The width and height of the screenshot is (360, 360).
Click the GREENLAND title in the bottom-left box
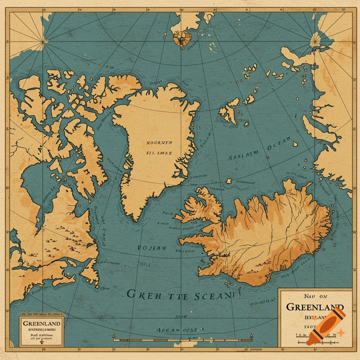point(42,323)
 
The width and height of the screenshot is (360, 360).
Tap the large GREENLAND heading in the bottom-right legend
point(315,307)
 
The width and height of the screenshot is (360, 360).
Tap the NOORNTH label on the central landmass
point(159,143)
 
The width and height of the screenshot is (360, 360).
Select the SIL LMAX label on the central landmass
point(159,153)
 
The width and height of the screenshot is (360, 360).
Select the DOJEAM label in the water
point(152,248)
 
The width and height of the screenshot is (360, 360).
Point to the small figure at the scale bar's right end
point(251,337)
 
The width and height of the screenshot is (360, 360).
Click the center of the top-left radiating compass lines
point(43,42)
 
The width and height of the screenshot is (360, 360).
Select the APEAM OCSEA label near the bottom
point(180,330)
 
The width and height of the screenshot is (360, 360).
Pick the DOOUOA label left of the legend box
point(262,301)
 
